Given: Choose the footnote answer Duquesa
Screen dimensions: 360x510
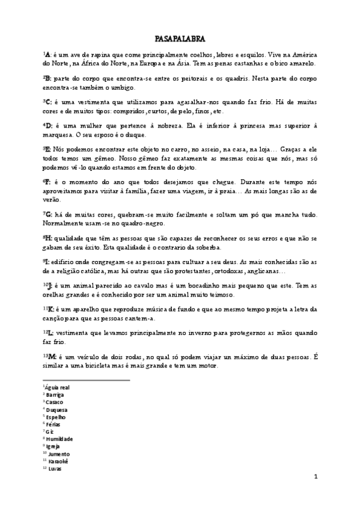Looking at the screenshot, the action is pos(56,410).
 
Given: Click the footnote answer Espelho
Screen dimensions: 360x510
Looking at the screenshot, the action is pos(56,417).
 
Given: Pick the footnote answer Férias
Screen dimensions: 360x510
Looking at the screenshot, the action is pos(54,424).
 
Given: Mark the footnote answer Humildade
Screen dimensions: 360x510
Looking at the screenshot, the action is pos(59,439).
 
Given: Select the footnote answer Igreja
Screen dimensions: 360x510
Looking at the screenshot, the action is pos(53,446).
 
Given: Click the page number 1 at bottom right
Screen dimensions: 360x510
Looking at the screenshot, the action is pos(316,476).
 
